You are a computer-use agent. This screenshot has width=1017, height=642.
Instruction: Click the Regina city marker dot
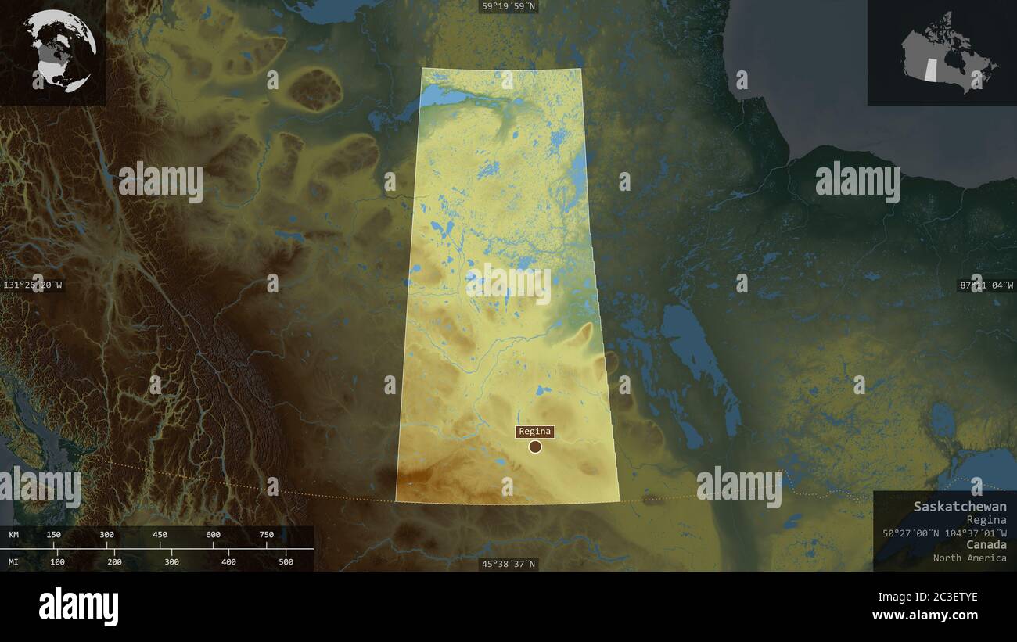pos(535,447)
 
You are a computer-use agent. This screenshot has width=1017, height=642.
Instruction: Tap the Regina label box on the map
pos(535,432)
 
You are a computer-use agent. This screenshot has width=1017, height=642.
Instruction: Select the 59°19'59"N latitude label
pos(508,7)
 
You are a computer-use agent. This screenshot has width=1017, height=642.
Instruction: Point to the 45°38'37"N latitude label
pos(508,564)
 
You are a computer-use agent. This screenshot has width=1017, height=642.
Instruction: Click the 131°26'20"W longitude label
pos(33,285)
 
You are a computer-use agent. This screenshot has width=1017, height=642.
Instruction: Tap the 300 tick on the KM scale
pos(107,535)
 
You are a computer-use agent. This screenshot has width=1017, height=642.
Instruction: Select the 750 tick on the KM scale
pos(267,535)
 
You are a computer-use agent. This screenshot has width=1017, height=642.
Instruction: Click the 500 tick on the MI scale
pos(286,561)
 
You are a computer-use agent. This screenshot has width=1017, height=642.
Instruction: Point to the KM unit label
pos(14,535)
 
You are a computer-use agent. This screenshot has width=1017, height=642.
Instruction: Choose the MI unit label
pos(14,561)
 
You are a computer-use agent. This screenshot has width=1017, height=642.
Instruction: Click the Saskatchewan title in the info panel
pos(960,506)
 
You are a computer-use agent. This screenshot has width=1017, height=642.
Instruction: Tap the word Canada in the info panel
pos(986,544)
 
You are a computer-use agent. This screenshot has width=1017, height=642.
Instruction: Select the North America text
pos(969,558)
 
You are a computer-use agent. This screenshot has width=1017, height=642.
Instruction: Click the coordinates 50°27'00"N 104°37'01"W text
pos(944,533)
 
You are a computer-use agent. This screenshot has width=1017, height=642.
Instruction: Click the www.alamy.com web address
pos(925,615)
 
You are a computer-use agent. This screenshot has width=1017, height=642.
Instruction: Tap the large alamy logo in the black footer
pos(79,607)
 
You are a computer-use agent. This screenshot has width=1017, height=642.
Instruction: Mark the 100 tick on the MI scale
pos(58,561)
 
